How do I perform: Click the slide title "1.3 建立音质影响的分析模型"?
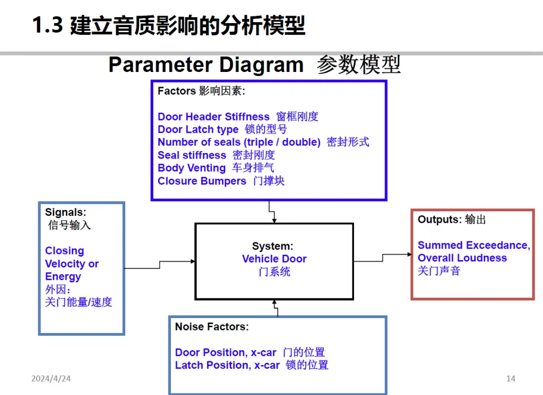click(x=168, y=26)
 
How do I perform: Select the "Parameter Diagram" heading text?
click(x=206, y=65)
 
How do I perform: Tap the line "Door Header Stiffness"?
click(x=214, y=117)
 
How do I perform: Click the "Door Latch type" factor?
click(x=198, y=129)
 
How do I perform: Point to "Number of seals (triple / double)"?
click(x=239, y=142)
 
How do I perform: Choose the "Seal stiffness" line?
click(x=192, y=155)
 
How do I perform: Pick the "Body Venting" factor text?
click(x=192, y=168)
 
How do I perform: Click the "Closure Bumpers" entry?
click(x=202, y=181)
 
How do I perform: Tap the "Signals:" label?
click(x=66, y=212)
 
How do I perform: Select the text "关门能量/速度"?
click(x=78, y=302)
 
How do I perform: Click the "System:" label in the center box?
click(x=273, y=247)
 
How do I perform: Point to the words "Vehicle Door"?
click(x=274, y=259)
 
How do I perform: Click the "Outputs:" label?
click(x=439, y=220)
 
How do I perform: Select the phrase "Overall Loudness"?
click(x=462, y=258)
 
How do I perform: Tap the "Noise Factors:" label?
click(x=212, y=327)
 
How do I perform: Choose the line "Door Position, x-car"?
click(x=226, y=353)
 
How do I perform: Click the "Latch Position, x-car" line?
click(x=227, y=365)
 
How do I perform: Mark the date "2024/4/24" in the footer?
click(x=51, y=378)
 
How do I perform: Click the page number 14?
click(x=511, y=378)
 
